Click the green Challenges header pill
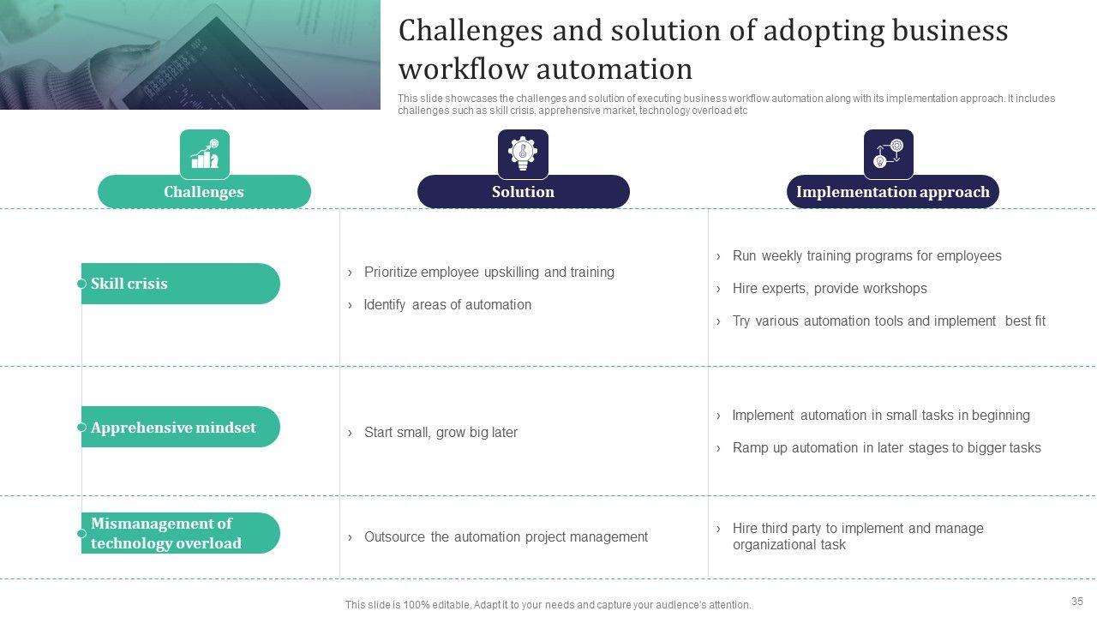click(x=204, y=191)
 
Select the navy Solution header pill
click(x=523, y=191)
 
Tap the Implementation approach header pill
click(x=892, y=191)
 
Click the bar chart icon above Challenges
click(x=205, y=153)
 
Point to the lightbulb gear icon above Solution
click(x=523, y=153)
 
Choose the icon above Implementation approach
click(x=889, y=153)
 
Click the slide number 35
click(x=1077, y=601)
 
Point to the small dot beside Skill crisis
click(x=81, y=284)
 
